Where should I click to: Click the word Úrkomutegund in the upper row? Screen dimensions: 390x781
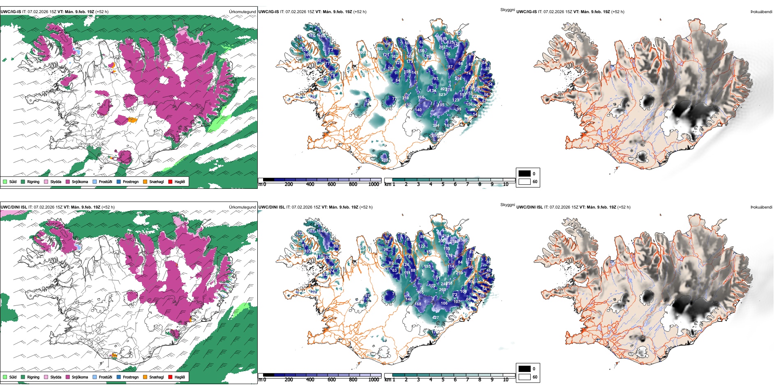pyautogui.click(x=242, y=12)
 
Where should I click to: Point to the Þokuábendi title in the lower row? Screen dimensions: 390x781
pyautogui.click(x=761, y=207)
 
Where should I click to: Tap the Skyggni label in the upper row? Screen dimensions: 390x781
pyautogui.click(x=507, y=9)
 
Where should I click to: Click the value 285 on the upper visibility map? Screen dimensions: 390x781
pyautogui.click(x=385, y=160)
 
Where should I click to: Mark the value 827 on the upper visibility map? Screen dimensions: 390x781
pyautogui.click(x=442, y=95)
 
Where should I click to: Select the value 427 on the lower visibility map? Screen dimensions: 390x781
pyautogui.click(x=435, y=317)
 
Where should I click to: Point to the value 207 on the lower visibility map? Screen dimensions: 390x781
pyautogui.click(x=311, y=231)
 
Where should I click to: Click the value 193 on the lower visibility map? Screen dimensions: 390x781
pyautogui.click(x=427, y=266)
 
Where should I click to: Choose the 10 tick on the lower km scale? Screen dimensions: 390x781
pyautogui.click(x=506, y=380)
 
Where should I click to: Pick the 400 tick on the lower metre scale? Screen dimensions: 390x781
pyautogui.click(x=310, y=380)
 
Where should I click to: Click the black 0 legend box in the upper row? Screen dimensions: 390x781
pyautogui.click(x=525, y=174)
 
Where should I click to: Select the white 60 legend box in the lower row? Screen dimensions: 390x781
pyautogui.click(x=525, y=377)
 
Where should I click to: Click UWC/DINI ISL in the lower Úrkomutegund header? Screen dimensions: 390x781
pyautogui.click(x=14, y=207)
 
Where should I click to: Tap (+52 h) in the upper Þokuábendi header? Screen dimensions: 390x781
pyautogui.click(x=617, y=12)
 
